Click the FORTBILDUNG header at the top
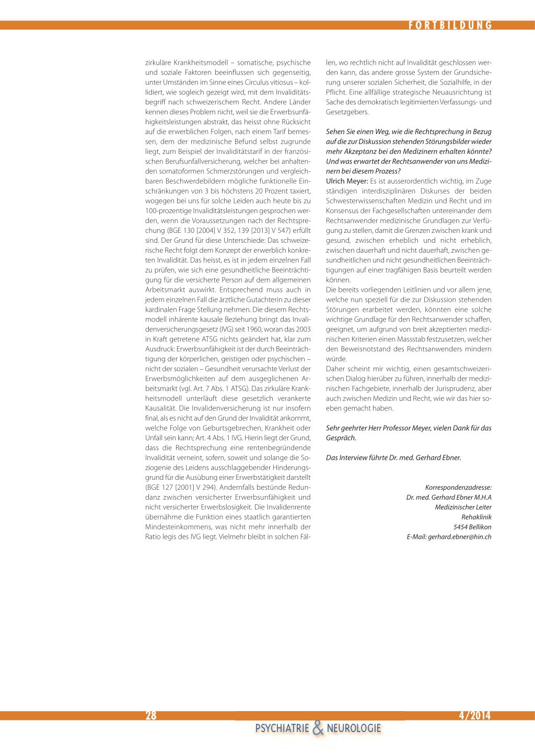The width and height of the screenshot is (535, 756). (450, 25)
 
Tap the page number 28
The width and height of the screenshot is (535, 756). (151, 715)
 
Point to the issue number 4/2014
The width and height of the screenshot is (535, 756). (474, 715)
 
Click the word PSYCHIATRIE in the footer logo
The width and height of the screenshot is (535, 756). (282, 728)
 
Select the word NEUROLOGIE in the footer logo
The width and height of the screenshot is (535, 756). (354, 728)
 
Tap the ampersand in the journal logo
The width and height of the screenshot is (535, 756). (318, 728)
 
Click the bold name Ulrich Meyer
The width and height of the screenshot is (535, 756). (346, 181)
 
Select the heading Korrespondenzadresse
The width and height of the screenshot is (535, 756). (458, 488)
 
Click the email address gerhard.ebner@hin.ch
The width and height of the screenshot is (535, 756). (459, 537)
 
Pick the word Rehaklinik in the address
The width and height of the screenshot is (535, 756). (476, 517)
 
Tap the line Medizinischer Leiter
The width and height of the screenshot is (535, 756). (463, 507)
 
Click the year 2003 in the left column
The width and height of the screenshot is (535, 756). (303, 329)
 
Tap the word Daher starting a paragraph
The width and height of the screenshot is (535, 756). (335, 369)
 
